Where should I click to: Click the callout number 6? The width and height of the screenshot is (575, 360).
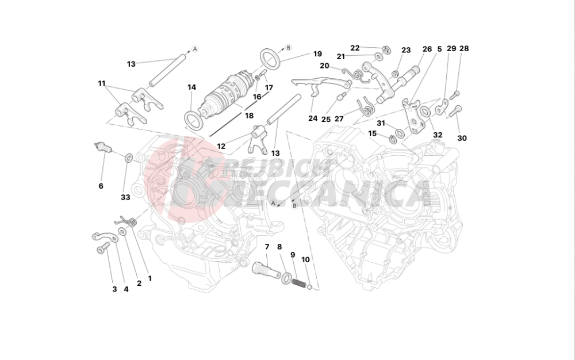(x=101, y=186)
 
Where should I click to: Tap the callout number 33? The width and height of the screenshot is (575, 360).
(x=125, y=197)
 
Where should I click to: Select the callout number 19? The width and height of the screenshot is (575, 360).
(x=317, y=54)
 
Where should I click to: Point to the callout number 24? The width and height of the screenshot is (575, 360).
(x=312, y=118)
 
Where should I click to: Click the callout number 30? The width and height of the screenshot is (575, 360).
(x=462, y=138)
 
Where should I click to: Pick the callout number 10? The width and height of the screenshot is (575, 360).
(x=305, y=260)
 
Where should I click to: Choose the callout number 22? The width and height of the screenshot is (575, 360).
(x=355, y=48)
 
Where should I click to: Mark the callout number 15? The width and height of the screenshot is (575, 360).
(x=372, y=133)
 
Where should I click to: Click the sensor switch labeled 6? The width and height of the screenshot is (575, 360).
(x=103, y=148)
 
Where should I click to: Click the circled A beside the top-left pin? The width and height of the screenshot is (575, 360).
(x=195, y=48)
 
